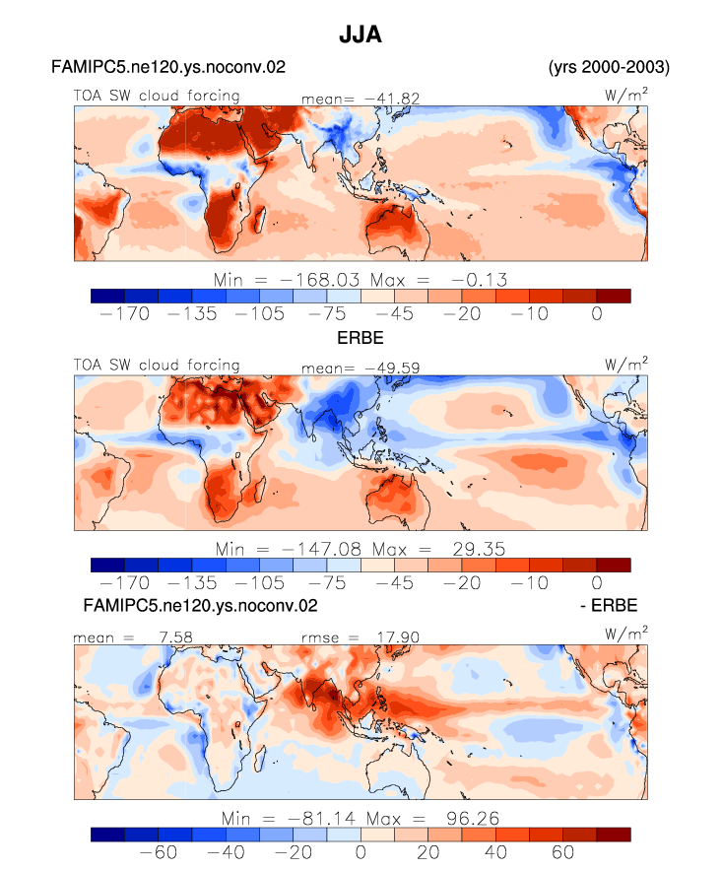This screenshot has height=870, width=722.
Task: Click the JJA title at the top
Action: [361, 34]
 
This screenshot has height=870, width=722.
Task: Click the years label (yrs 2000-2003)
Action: [609, 67]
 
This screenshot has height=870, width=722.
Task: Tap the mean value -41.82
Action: [392, 99]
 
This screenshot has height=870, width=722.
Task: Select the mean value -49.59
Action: [392, 368]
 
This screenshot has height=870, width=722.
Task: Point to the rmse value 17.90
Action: [398, 636]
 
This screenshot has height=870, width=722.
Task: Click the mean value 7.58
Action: [175, 636]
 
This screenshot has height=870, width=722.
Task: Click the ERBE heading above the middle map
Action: [361, 338]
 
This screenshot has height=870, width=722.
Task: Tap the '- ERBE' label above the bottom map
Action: [609, 605]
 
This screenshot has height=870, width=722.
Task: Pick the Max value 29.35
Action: [479, 550]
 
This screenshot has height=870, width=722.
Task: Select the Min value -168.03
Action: [320, 280]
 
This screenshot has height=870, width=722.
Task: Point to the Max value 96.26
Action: [473, 819]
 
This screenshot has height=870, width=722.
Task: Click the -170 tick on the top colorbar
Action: [125, 314]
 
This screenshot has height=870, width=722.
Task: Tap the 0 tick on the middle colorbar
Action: [597, 583]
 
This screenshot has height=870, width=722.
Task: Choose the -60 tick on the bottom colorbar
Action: [159, 852]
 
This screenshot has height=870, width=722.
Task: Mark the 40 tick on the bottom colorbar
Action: [495, 852]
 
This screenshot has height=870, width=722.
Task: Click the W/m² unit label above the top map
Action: [626, 95]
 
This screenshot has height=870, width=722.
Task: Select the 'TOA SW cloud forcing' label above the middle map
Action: [157, 366]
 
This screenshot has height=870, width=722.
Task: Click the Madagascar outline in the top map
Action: [259, 219]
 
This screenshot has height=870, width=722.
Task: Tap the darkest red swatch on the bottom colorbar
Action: [614, 835]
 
